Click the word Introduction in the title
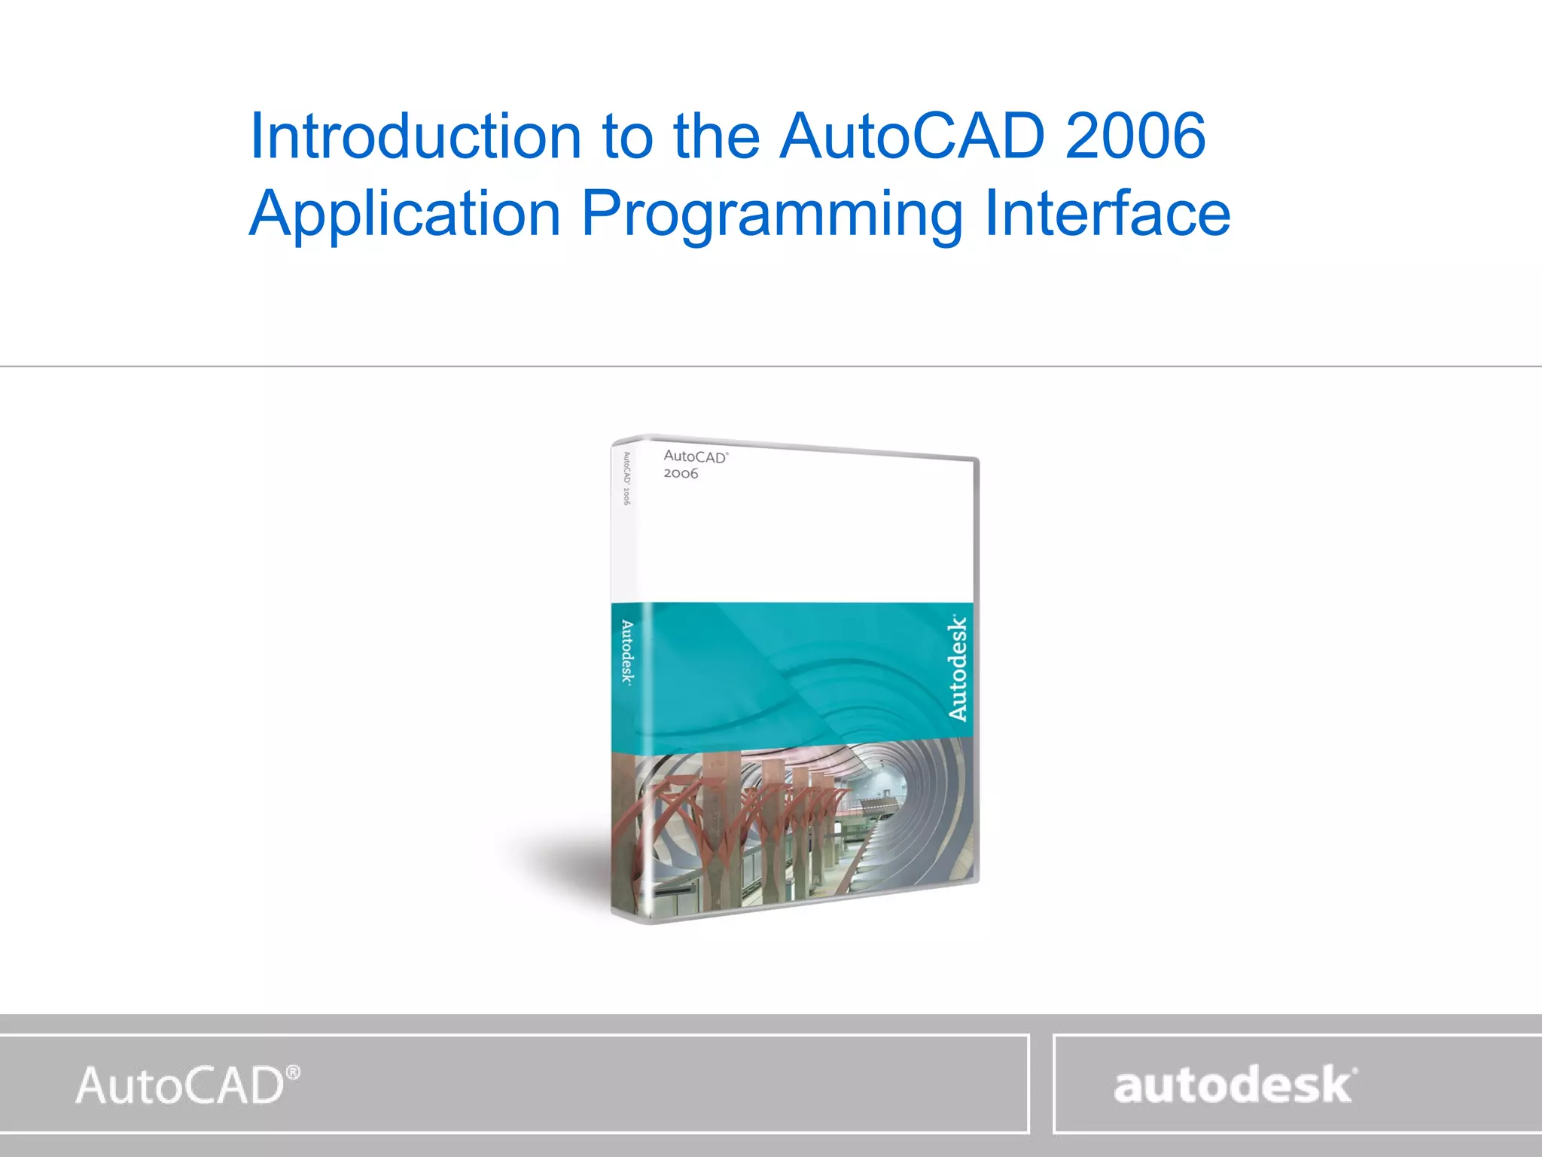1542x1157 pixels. coord(415,136)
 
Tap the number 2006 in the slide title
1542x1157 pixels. coord(1135,136)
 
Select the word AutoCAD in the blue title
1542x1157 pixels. coord(912,136)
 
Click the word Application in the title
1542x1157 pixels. coord(405,215)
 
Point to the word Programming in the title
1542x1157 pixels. coord(773,215)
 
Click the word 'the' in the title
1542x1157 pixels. coord(716,136)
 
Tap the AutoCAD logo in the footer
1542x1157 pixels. coord(181,1085)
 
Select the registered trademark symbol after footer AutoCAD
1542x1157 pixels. coord(294,1072)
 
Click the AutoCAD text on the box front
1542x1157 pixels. coord(694,457)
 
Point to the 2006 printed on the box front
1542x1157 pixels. coord(681,474)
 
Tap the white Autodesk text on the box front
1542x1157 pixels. coord(957,668)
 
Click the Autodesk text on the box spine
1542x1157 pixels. coord(626,652)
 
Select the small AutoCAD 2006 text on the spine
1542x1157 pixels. coord(626,478)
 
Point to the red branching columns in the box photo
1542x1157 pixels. coord(723,814)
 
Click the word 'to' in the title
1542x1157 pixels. coord(627,136)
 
